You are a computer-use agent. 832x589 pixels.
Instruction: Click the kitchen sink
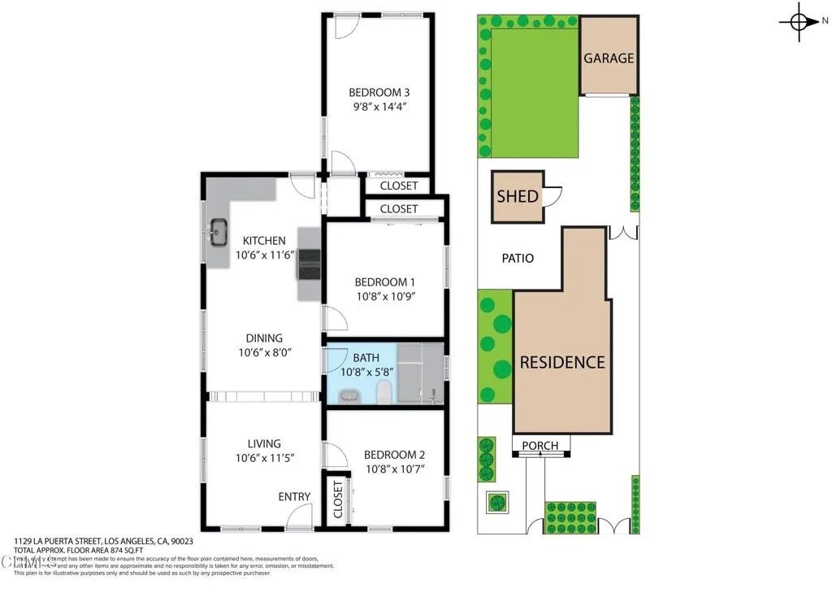point(219,233)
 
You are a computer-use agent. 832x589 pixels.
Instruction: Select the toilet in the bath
point(384,392)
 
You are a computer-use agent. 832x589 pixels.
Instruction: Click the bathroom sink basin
point(349,396)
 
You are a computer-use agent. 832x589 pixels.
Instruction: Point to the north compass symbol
point(799,22)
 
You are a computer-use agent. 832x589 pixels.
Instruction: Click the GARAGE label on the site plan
point(609,59)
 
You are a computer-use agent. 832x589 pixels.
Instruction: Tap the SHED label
point(518,196)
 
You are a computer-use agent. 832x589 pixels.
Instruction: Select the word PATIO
point(518,258)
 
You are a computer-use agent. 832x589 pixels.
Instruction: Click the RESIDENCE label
point(562,362)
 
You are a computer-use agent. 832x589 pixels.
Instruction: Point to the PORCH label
point(540,445)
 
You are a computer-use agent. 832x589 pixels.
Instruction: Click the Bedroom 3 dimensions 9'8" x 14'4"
point(378,106)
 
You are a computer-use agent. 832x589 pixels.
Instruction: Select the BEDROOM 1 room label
point(385,282)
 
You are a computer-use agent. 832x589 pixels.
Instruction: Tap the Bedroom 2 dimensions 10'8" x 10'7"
point(394,469)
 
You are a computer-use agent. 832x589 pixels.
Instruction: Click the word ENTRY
point(294,497)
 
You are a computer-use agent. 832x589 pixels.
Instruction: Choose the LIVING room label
point(264,443)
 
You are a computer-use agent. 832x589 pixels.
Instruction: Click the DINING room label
point(264,338)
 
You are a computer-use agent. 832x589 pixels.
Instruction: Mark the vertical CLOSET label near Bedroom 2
point(337,499)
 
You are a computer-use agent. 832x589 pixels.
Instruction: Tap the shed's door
point(552,196)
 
